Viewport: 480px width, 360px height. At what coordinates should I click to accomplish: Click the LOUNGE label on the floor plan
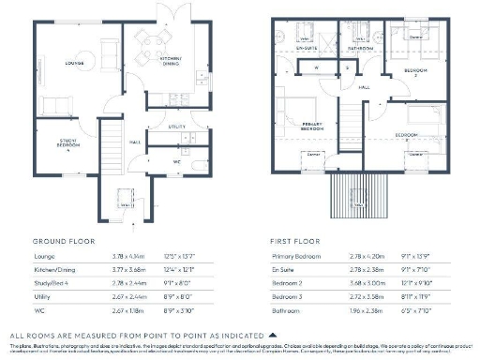tap(75, 64)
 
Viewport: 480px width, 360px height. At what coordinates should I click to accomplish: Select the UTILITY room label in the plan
tap(175, 125)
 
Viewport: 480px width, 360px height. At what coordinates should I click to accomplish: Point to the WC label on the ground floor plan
tap(175, 160)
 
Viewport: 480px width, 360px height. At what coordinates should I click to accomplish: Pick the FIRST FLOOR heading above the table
tap(294, 239)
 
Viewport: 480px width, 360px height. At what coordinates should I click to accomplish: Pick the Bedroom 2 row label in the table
tap(286, 280)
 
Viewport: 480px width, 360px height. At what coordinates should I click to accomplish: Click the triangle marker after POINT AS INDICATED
tap(273, 334)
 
